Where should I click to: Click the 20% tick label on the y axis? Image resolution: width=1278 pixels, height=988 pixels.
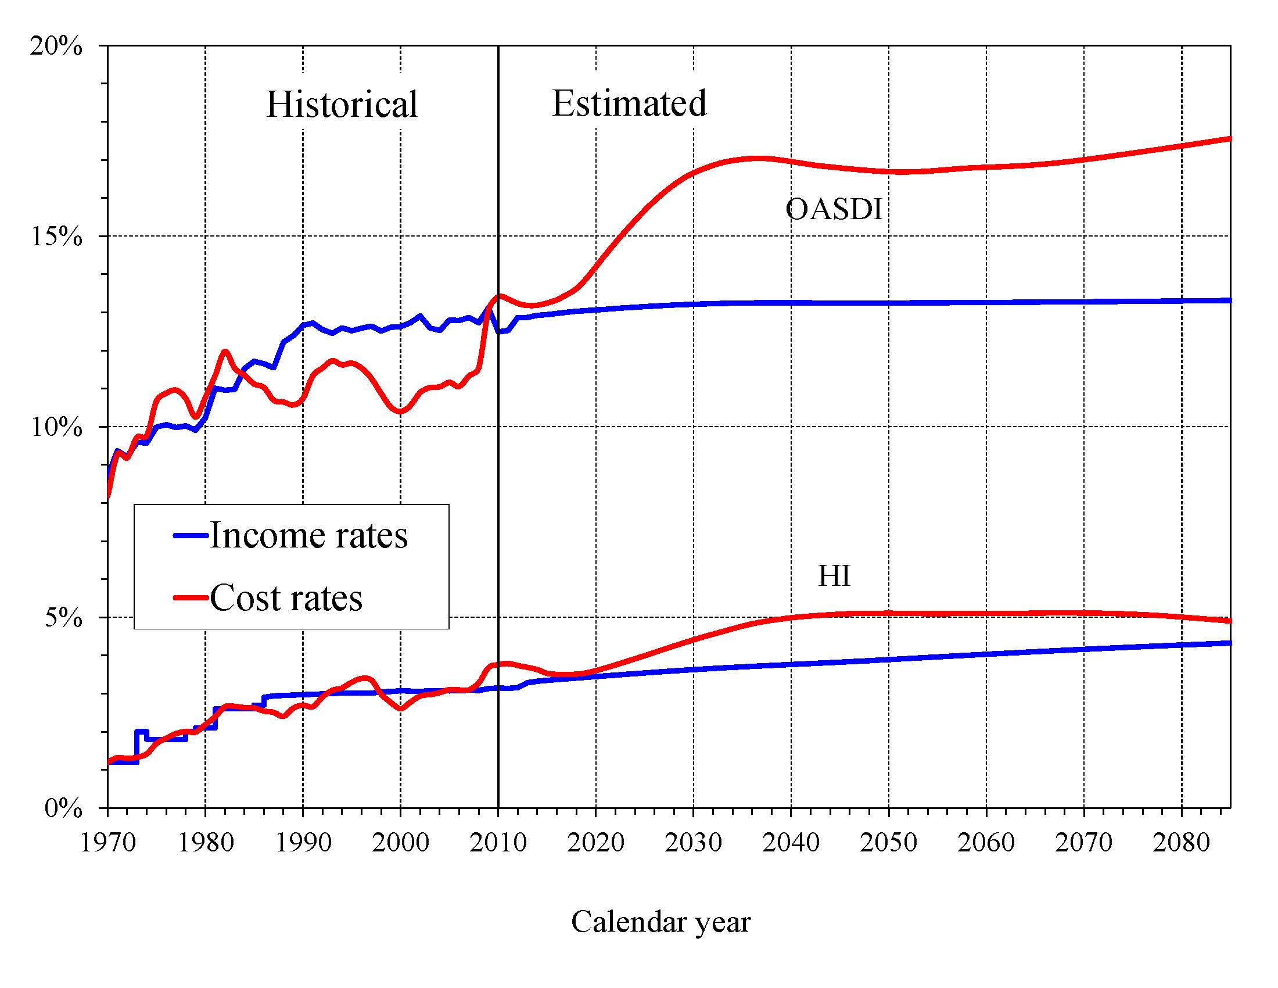(56, 46)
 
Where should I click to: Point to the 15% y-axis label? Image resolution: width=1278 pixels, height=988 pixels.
(56, 237)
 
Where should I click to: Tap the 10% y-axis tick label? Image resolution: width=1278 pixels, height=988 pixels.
(56, 427)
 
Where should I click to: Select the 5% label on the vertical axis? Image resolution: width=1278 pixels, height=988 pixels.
(63, 617)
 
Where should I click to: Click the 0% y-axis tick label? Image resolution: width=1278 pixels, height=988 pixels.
(63, 808)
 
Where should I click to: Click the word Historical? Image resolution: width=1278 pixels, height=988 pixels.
(342, 105)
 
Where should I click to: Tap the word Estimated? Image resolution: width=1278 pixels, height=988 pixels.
(629, 103)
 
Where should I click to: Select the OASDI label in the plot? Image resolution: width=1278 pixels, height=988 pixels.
(833, 209)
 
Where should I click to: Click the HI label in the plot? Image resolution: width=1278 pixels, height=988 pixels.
(834, 576)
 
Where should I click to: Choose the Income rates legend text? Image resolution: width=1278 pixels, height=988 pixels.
(308, 535)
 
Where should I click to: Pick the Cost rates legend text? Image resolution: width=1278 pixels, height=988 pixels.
(286, 597)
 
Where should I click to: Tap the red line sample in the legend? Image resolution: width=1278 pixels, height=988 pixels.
(191, 597)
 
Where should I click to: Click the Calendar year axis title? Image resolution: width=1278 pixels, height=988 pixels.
(660, 922)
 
